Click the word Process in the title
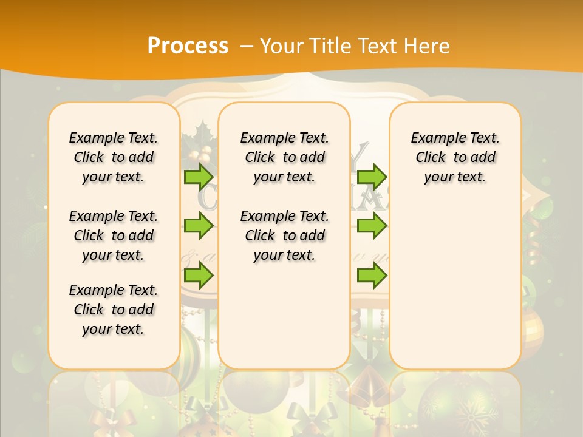188,46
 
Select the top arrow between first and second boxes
199,177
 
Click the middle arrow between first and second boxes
199,226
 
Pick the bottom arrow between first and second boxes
199,276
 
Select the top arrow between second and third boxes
372,177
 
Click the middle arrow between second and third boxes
372,226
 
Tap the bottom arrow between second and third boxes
372,276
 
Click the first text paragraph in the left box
114,157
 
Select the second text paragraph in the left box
114,235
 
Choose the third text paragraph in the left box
114,310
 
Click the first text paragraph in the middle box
284,157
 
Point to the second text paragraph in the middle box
284,235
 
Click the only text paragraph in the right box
455,157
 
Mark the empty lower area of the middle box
284,316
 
